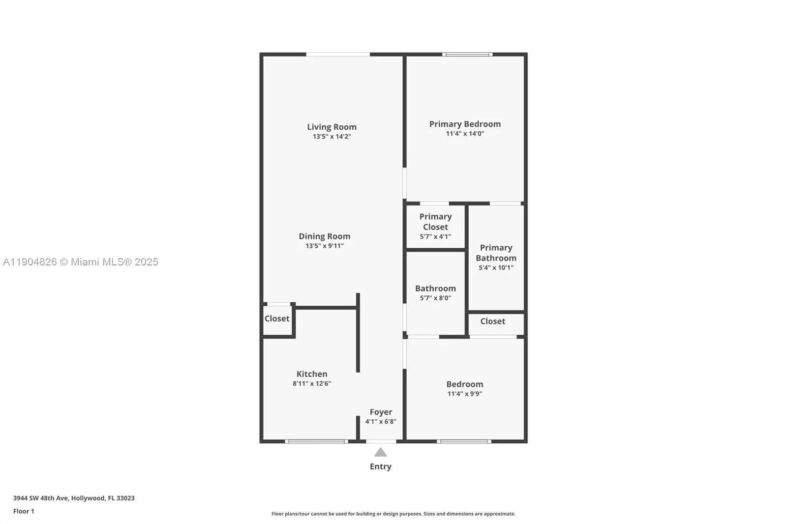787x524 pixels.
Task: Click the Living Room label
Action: coord(332,127)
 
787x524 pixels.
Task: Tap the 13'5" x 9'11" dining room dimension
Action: coord(324,246)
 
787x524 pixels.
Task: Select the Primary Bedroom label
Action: coord(465,124)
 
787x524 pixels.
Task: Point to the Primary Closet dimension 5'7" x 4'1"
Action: coord(435,236)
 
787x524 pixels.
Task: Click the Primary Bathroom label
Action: coord(496,253)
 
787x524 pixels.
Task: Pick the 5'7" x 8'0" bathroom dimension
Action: coord(435,298)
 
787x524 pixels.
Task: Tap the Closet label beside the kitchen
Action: coord(277,319)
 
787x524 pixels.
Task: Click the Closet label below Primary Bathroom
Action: coord(492,321)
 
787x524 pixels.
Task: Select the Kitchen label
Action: coord(312,374)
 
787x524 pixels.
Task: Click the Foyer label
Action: coord(381,412)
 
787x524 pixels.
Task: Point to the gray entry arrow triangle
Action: coord(380,453)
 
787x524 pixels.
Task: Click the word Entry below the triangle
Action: coord(380,466)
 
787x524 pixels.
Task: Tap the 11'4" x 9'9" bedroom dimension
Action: coord(464,394)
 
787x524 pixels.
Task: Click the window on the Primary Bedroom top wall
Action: coord(467,54)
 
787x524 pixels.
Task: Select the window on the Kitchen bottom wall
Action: coord(316,441)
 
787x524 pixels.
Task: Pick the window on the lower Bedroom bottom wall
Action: coord(464,441)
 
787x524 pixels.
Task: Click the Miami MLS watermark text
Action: coord(81,262)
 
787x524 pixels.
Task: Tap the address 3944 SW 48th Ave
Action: coord(74,498)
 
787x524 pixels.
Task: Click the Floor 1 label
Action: coord(24,511)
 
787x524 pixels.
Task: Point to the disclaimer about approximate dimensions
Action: coord(393,514)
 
